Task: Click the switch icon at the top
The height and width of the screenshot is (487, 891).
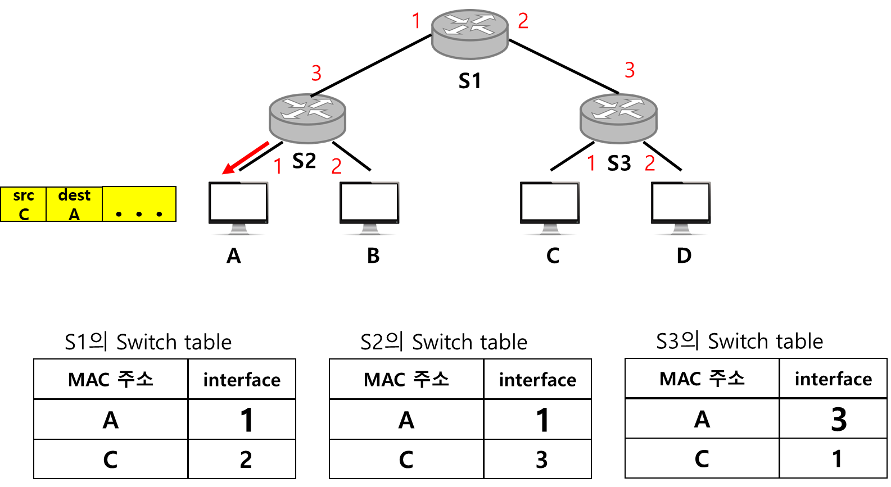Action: coord(469,34)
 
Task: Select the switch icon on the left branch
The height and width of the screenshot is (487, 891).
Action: coord(307,118)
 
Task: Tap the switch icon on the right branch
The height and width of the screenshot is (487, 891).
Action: coord(618,118)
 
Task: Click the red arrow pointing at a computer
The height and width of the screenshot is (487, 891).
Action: coord(246,158)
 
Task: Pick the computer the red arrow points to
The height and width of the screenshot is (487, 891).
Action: coord(238,208)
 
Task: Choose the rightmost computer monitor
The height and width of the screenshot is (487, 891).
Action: coord(681,208)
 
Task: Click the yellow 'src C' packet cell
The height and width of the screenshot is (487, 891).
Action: coord(24,204)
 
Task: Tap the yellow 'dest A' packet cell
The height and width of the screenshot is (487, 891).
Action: coord(74,204)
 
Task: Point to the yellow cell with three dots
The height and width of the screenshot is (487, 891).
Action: coord(139,204)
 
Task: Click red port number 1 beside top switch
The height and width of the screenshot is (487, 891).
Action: coord(416,21)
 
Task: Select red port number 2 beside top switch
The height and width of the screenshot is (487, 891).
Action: coord(523,21)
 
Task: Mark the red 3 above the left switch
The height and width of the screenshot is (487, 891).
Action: coord(316,73)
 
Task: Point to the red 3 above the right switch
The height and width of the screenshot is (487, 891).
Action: coord(630,70)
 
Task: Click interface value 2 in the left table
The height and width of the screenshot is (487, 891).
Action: coord(246,459)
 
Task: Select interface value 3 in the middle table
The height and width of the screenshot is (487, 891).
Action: coord(541,459)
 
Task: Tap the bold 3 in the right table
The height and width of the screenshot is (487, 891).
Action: coord(839,419)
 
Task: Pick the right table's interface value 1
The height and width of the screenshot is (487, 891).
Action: coord(837,458)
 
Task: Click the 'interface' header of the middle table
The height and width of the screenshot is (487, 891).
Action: coord(537,380)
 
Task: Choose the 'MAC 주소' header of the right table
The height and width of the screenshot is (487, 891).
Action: coord(702,379)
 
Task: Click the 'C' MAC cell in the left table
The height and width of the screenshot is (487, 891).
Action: coord(111,459)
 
